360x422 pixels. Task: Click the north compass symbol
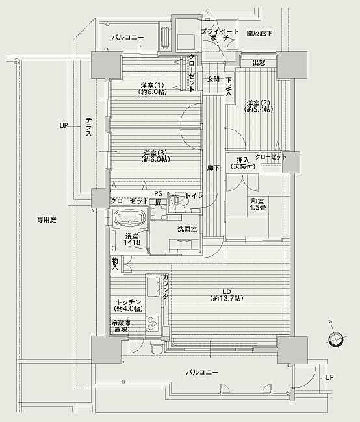coord(336,338)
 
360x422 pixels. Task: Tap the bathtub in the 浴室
coord(131,217)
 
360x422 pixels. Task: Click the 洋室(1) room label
coord(153,88)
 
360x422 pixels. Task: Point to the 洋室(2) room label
coord(259,106)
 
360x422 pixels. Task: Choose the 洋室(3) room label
coord(155,156)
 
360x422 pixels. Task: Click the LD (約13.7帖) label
coord(227,295)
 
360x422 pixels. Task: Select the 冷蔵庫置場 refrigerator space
coord(120,326)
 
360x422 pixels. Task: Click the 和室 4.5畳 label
coord(257,204)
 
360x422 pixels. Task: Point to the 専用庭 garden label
coord(47,220)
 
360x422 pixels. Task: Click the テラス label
coord(88,126)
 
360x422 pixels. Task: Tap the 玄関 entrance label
coord(213,79)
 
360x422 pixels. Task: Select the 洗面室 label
coord(187,229)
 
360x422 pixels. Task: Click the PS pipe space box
coord(158,194)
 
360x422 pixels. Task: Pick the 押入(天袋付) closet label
coord(243,164)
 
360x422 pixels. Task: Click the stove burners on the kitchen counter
coord(153,323)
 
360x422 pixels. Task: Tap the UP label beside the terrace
coord(64,125)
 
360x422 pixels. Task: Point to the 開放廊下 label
coord(259,33)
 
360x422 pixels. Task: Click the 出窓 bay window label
coord(259,63)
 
